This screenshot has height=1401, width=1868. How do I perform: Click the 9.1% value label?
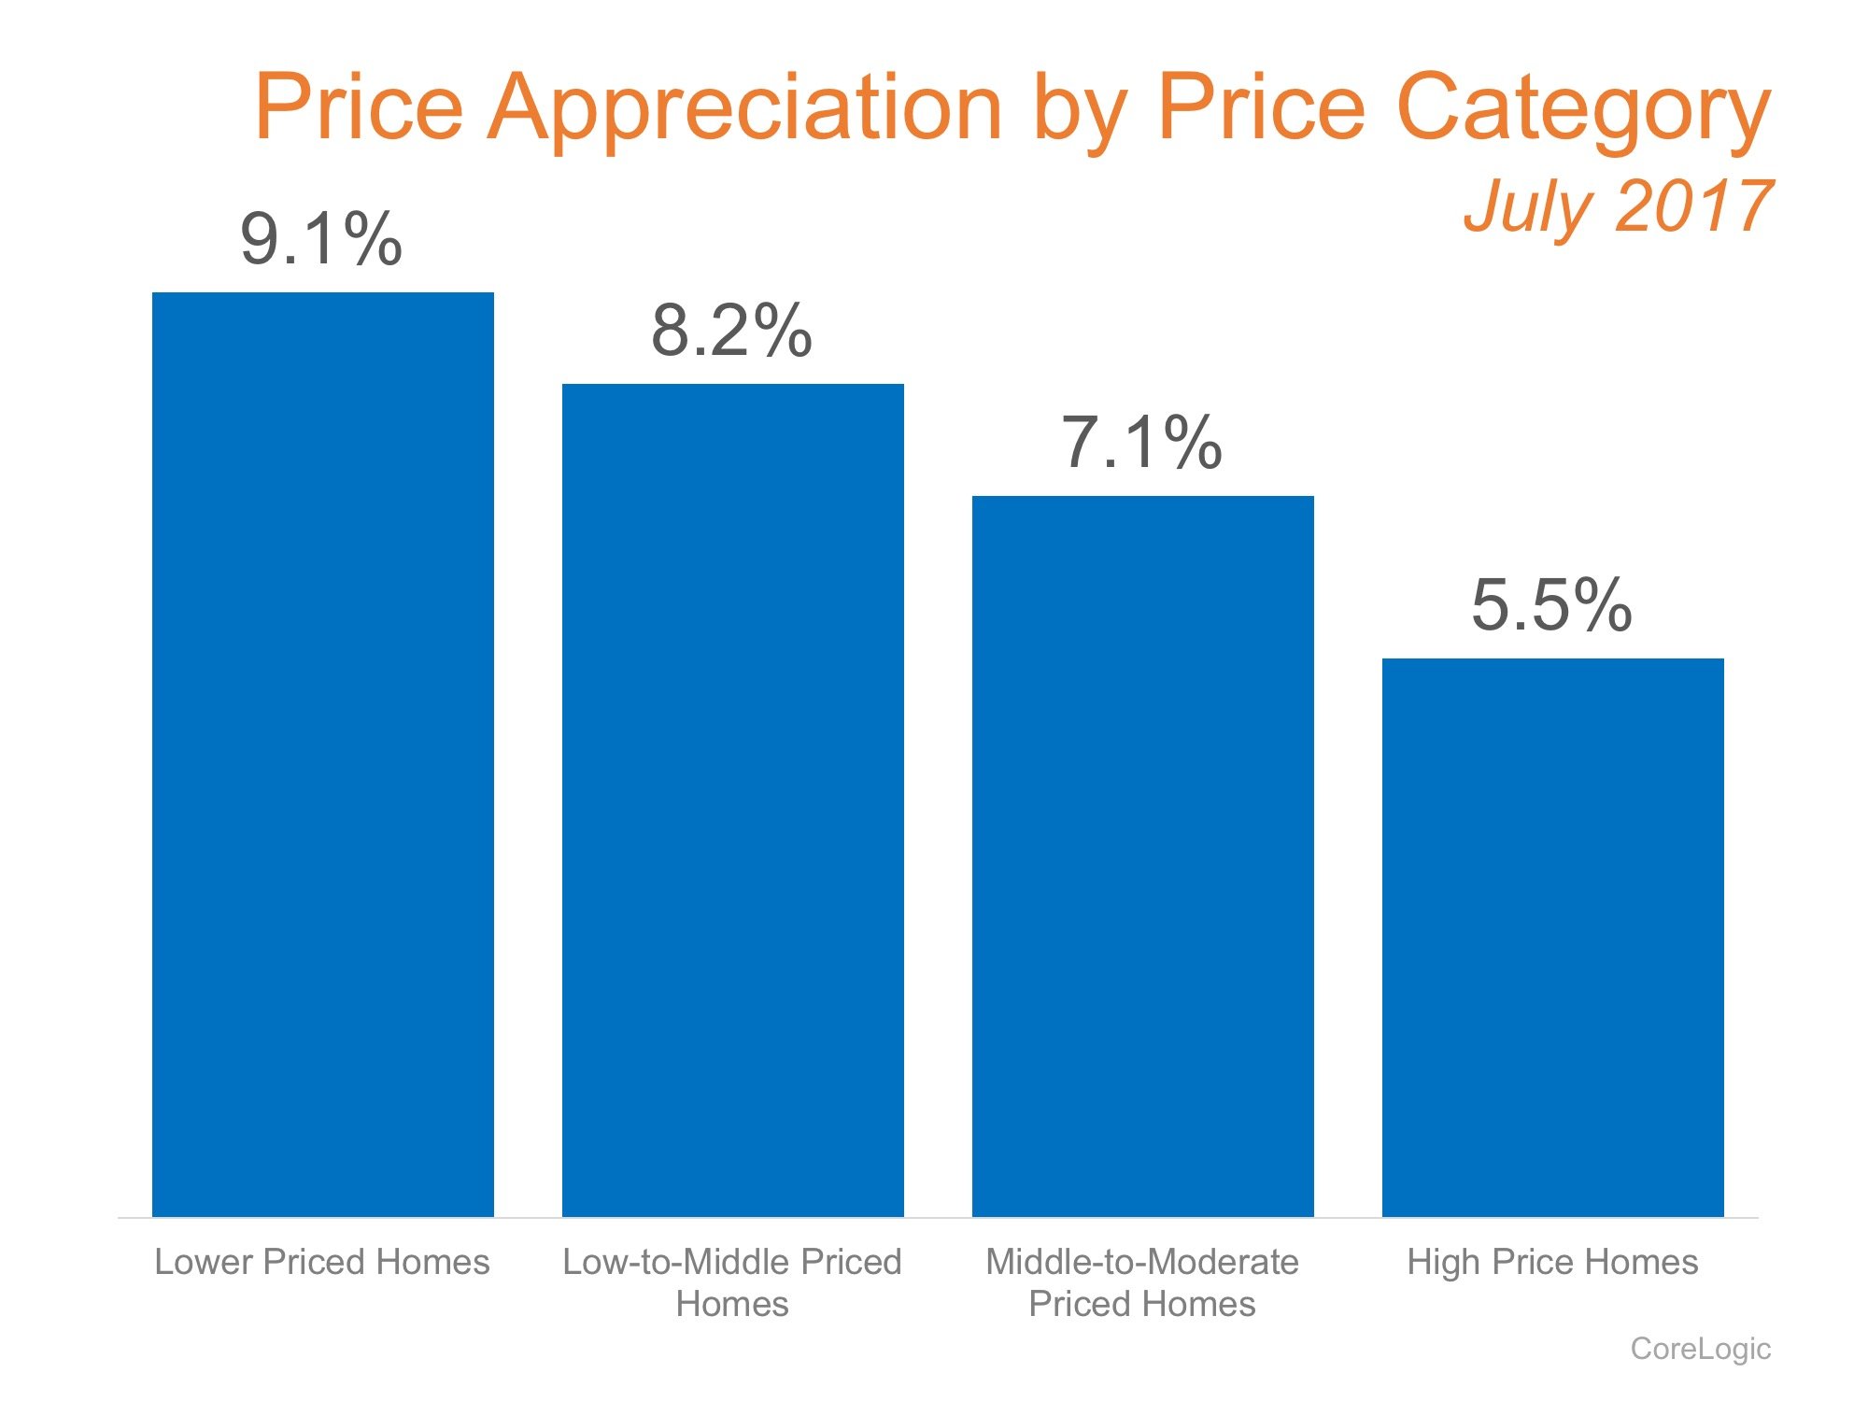(321, 240)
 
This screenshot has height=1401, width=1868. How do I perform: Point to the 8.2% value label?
(731, 331)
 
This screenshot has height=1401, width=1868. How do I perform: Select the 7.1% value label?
(1141, 443)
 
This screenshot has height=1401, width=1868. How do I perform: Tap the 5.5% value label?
(1551, 605)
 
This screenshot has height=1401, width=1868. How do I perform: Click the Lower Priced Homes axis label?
(322, 1262)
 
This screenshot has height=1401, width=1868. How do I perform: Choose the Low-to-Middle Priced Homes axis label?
(732, 1282)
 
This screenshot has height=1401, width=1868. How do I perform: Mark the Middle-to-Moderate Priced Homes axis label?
(1142, 1282)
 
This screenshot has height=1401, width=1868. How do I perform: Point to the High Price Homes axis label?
(1552, 1262)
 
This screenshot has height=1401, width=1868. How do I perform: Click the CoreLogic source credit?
(1700, 1349)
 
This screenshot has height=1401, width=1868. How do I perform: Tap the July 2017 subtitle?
(1617, 207)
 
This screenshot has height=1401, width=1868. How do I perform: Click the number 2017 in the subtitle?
(1691, 207)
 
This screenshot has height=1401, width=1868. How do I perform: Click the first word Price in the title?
(359, 108)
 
